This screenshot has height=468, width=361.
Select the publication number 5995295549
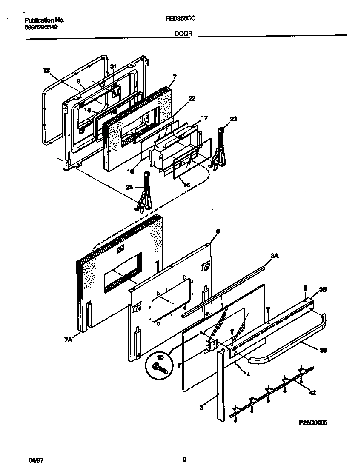pos(41,26)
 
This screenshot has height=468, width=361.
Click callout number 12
pos(47,71)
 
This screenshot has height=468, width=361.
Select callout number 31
pos(113,67)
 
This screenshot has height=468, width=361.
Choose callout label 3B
pos(323,289)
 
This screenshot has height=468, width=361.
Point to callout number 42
pos(312,393)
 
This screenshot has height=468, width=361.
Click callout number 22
pos(192,98)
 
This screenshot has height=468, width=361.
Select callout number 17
pos(204,118)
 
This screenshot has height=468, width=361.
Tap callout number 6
pos(218,231)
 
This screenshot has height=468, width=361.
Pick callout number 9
pos(79,80)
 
